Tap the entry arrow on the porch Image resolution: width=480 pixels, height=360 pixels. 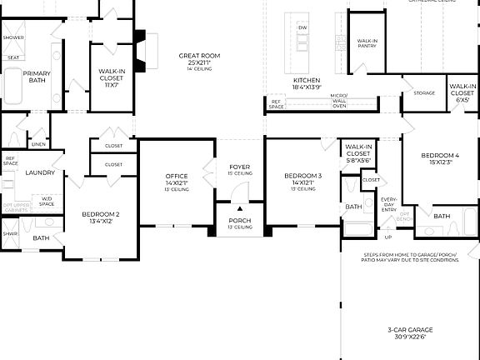coord(239,208)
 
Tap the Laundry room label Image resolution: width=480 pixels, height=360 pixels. coord(40,172)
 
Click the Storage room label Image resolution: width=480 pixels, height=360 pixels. coord(423,92)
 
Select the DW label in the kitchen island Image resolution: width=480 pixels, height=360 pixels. coord(302,27)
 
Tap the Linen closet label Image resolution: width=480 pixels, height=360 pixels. coord(38,144)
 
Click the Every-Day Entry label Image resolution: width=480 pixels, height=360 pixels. coord(389,205)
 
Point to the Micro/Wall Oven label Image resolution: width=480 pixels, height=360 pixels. coord(338,101)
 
